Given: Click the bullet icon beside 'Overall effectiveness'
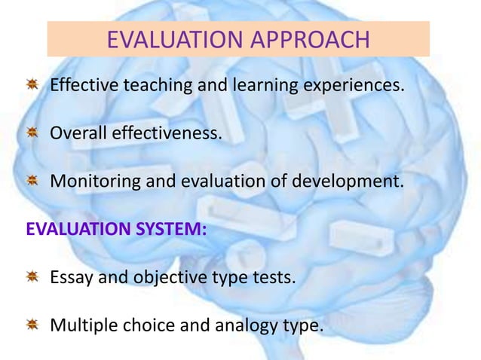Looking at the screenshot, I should tap(33, 133).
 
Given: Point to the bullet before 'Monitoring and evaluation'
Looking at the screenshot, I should tap(33, 181).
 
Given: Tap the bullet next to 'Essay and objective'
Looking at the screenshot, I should tap(33, 277).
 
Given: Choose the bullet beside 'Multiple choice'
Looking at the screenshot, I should tap(33, 325).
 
